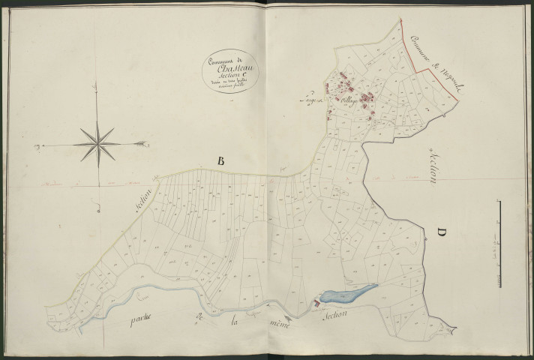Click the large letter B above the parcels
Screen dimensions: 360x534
(x=220, y=159)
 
